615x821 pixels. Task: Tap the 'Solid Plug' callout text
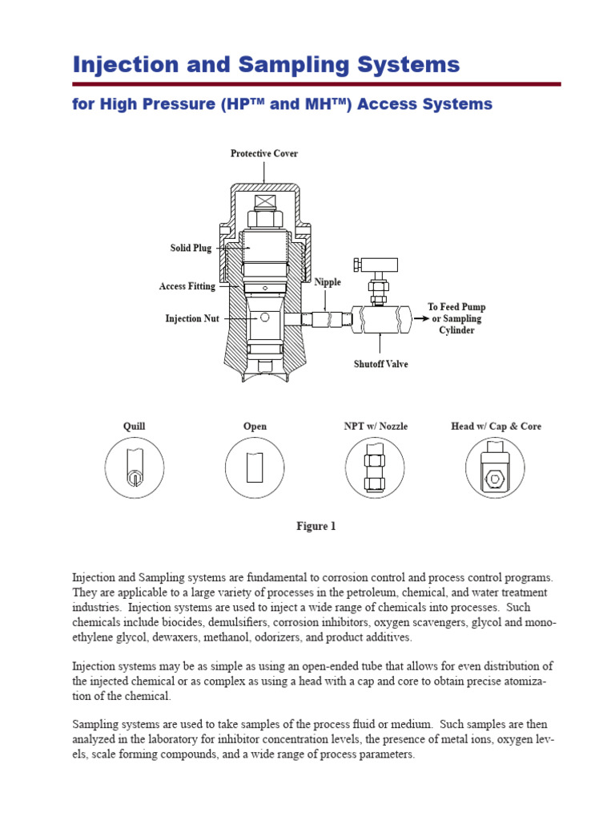191,248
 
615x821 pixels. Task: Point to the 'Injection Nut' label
192,318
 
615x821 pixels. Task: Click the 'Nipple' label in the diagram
328,282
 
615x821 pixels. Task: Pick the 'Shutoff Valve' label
381,364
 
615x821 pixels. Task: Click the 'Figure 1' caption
316,526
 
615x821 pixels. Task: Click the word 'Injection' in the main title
123,65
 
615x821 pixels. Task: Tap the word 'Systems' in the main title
408,65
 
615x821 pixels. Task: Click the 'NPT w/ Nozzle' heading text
376,427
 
